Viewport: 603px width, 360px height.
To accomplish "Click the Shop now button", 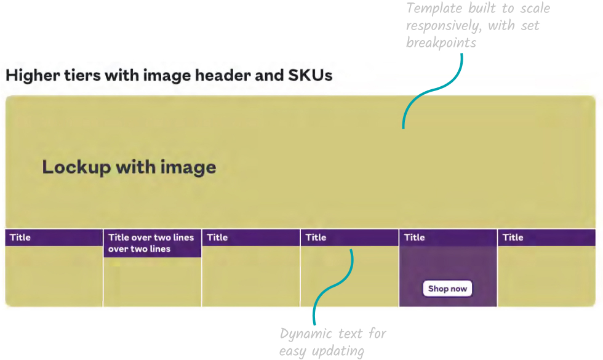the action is (x=447, y=289).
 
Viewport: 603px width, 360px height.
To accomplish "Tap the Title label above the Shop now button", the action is (x=414, y=238).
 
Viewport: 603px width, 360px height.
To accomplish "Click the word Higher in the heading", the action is (x=29, y=76).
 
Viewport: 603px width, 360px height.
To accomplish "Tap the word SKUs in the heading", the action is (x=310, y=76).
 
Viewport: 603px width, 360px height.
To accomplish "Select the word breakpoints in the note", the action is (x=441, y=43).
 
